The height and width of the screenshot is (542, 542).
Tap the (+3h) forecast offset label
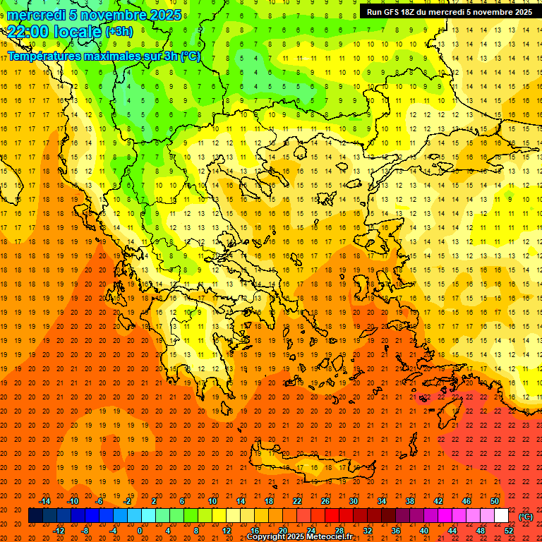click(118, 32)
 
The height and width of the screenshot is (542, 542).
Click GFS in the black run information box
click(393, 12)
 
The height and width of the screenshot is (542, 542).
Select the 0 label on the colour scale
click(140, 531)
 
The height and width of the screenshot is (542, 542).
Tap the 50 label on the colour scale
click(495, 501)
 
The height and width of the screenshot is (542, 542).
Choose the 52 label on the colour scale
click(509, 531)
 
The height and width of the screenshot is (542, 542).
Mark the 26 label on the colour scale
click(325, 501)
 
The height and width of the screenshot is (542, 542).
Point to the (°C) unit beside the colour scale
click(526, 516)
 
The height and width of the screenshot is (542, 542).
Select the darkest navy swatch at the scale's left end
click(35, 516)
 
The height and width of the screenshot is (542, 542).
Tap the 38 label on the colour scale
click(410, 501)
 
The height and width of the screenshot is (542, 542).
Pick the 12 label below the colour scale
click(227, 531)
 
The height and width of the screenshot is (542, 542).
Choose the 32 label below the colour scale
click(368, 531)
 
